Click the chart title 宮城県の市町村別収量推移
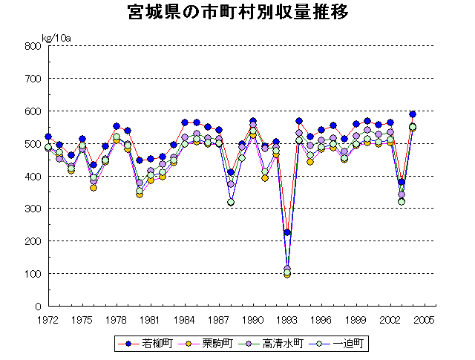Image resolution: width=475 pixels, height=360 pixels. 237,14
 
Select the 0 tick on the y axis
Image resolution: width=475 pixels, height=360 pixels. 36,307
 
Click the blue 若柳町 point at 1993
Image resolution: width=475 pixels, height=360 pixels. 287,233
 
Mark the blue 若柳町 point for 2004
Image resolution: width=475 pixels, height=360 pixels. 413,114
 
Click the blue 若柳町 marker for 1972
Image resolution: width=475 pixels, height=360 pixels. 48,137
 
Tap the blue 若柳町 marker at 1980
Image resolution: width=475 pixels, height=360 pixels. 140,160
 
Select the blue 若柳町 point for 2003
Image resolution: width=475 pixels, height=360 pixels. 402,182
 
